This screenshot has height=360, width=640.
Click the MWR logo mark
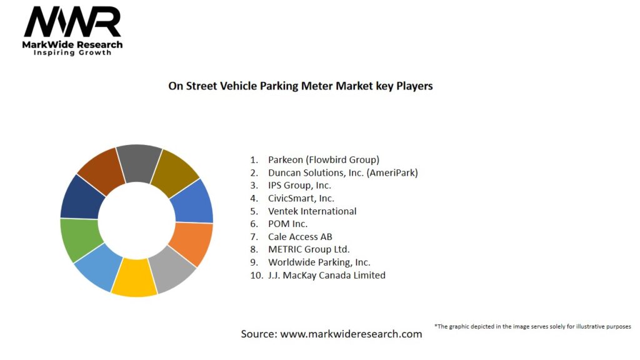coord(72,22)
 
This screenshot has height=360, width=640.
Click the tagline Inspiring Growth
coord(72,53)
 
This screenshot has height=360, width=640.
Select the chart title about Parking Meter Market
coord(300,86)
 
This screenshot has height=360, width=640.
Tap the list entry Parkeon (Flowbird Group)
coord(323,159)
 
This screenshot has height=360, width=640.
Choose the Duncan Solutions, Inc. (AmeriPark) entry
coord(342,172)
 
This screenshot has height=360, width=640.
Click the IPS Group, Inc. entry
coord(299,186)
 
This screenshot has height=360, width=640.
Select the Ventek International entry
coord(312,211)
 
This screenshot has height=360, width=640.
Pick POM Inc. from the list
coord(287,224)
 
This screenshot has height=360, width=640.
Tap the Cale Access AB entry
coord(300,237)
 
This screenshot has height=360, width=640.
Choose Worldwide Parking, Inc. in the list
coord(319,262)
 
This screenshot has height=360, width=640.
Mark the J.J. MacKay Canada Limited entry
coord(326,275)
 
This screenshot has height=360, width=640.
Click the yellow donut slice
coord(134,277)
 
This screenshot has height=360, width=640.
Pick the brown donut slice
coord(100,167)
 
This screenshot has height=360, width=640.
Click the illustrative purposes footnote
coord(532,326)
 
